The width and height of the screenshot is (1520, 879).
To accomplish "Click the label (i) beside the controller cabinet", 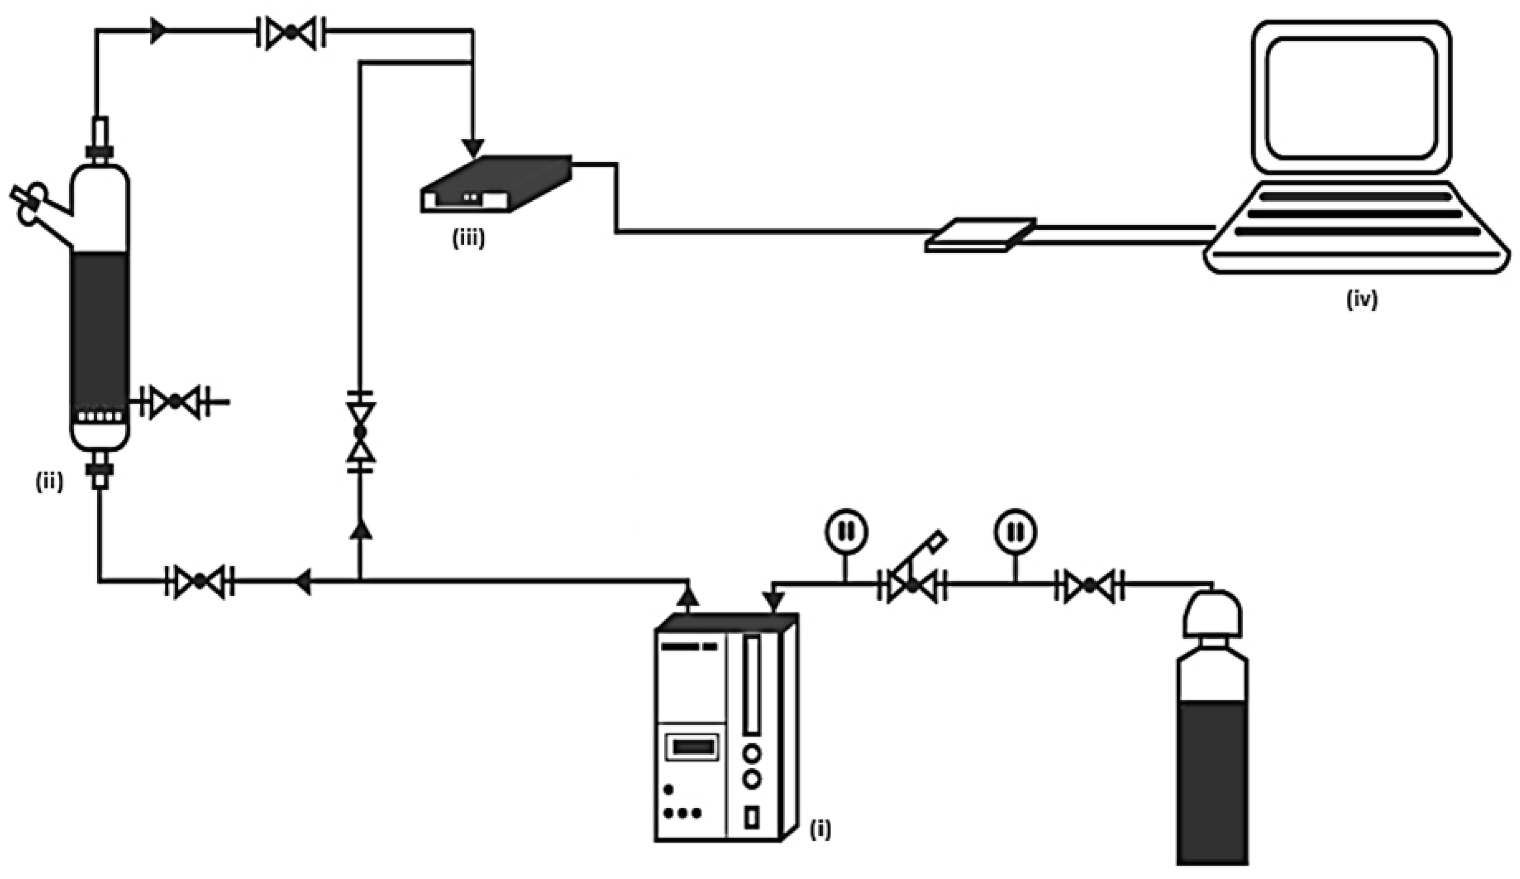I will point(820,830).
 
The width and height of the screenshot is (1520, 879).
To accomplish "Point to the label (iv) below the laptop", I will point(1362,300).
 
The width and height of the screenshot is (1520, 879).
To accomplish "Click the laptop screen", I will point(1351,98).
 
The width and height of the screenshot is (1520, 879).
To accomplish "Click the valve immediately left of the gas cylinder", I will point(1090,584).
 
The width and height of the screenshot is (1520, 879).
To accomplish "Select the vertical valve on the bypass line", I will point(360,432).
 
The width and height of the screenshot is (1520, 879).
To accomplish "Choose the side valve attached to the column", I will point(175,401).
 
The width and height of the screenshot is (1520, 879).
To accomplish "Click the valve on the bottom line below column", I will point(200,581).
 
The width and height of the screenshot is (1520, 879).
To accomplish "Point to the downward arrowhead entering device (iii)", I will point(473,147).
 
